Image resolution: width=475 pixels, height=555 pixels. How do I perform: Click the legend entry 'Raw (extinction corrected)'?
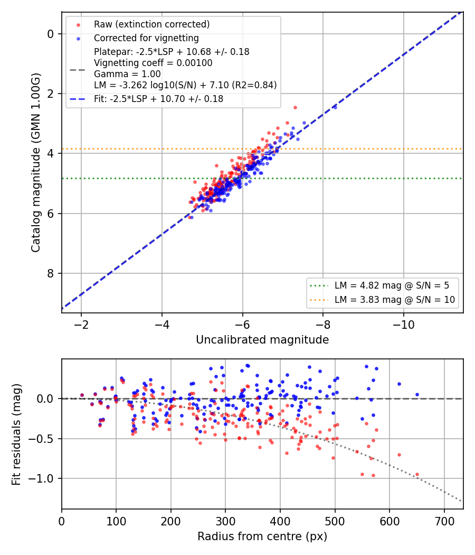click(x=151, y=24)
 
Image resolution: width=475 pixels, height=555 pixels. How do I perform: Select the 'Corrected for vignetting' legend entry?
click(x=146, y=38)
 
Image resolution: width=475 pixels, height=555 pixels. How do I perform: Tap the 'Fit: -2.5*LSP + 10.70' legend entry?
click(x=158, y=99)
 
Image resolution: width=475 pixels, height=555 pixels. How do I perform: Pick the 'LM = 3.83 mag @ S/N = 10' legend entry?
click(x=395, y=300)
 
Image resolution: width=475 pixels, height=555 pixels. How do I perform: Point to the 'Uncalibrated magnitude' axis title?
click(x=262, y=340)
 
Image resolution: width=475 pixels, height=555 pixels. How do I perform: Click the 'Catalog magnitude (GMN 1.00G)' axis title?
click(x=36, y=163)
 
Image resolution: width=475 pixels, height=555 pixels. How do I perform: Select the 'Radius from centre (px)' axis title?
click(x=262, y=536)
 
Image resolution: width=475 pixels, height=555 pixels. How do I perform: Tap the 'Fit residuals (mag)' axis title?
click(x=16, y=434)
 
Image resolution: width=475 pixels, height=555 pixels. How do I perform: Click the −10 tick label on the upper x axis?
click(x=404, y=325)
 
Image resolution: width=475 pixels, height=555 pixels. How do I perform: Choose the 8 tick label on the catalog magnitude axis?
click(x=51, y=274)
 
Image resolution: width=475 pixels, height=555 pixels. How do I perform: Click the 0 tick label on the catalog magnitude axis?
click(x=51, y=34)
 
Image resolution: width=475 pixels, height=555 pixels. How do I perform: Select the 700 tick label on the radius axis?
click(x=444, y=521)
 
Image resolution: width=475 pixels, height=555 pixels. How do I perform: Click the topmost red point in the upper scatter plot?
click(x=295, y=108)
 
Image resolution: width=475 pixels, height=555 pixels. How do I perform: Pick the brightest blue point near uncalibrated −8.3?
click(x=335, y=107)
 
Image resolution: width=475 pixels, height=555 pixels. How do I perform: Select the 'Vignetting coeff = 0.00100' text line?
click(x=153, y=63)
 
